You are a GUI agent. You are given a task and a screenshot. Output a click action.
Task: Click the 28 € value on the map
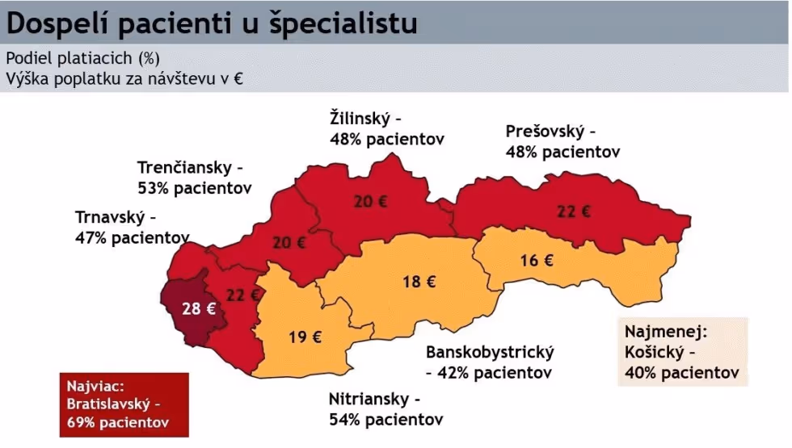pyautogui.click(x=199, y=308)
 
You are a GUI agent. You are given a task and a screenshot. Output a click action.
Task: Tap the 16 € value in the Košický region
pyautogui.click(x=537, y=261)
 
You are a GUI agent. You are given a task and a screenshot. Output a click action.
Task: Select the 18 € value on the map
pyautogui.click(x=419, y=282)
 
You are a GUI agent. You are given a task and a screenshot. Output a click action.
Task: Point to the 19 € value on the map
pyautogui.click(x=305, y=337)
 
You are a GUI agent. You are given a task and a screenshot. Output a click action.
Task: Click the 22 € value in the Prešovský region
pyautogui.click(x=574, y=211)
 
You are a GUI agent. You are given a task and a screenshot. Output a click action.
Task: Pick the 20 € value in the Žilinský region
pyautogui.click(x=370, y=202)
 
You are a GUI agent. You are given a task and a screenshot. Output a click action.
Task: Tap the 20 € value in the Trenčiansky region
pyautogui.click(x=289, y=241)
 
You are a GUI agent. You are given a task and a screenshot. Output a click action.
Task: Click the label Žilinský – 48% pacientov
pyautogui.click(x=386, y=128)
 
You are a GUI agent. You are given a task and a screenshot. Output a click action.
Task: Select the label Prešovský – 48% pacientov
pyautogui.click(x=562, y=140)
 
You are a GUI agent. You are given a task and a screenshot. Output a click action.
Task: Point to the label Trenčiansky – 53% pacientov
pyautogui.click(x=194, y=178)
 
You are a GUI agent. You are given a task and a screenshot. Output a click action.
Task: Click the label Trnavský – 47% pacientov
pyautogui.click(x=132, y=227)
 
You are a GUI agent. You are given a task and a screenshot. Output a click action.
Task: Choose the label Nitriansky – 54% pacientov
pyautogui.click(x=385, y=409)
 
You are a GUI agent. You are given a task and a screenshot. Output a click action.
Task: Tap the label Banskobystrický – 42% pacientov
pyautogui.click(x=489, y=362)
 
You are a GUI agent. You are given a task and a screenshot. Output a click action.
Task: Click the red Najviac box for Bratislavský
pyautogui.click(x=124, y=404)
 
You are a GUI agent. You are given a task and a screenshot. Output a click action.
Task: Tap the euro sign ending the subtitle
pyautogui.click(x=239, y=79)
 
